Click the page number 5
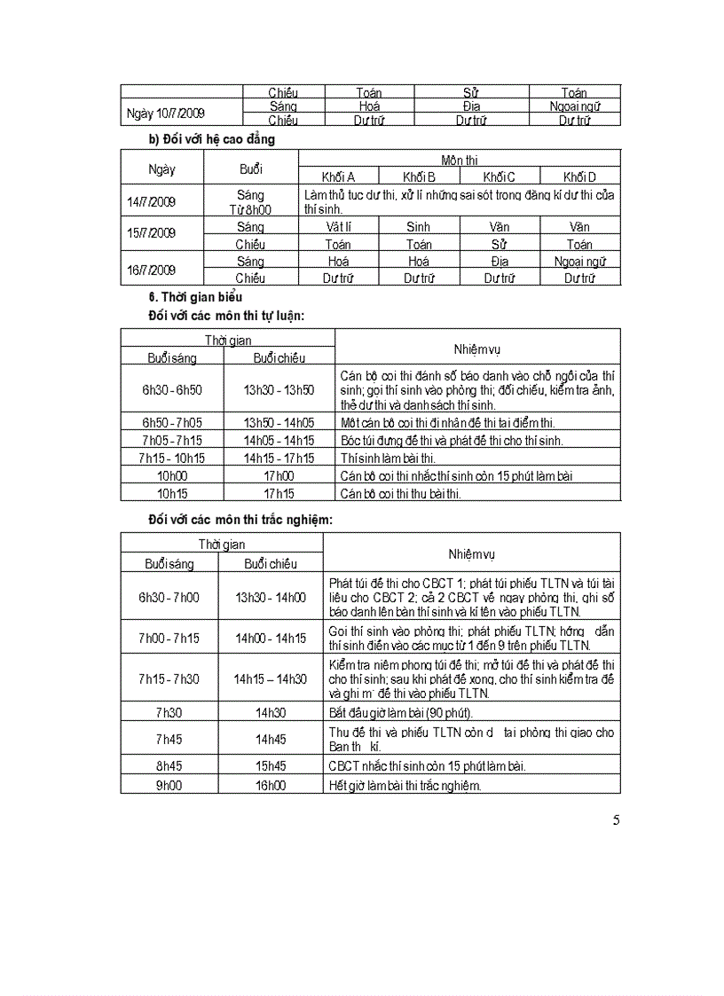pos(616,820)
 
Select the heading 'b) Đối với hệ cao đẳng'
pos(212,139)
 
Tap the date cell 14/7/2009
pos(151,201)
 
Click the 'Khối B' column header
pos(419,176)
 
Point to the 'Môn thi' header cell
pos(460,160)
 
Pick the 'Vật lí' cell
pos(338,227)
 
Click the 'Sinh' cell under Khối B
pos(419,227)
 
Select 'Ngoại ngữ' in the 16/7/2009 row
pos(579,262)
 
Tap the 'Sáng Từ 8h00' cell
pos(251,201)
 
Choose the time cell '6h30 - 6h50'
pos(172,389)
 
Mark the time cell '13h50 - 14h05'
pos(279,423)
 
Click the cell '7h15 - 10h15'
pos(172,458)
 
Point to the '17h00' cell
pos(279,475)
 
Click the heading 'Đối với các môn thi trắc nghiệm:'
pos(240,519)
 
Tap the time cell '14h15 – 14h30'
pos(271,678)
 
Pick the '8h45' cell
pos(169,766)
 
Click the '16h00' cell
pos(271,785)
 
